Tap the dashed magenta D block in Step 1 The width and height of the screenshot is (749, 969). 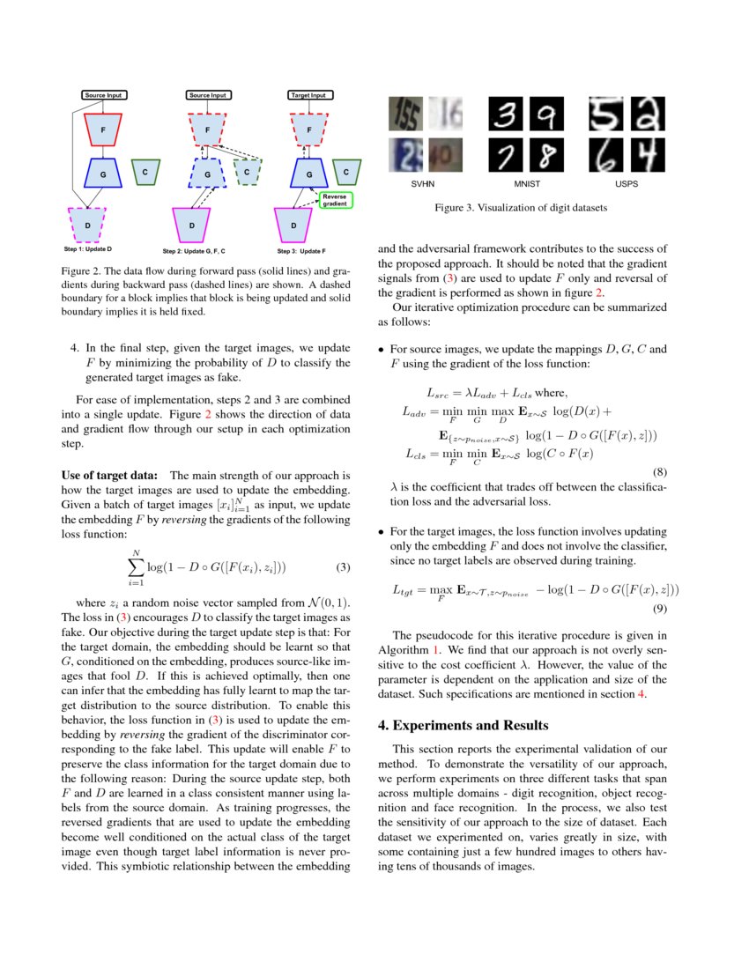pos(86,225)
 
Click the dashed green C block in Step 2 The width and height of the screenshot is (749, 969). pos(248,172)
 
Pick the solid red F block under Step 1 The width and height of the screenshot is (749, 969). pos(103,129)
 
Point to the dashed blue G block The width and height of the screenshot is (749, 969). pos(208,174)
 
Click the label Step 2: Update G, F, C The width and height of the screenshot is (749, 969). pos(208,250)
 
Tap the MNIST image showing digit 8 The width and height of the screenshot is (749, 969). pos(548,155)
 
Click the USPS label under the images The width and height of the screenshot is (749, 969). pos(627,186)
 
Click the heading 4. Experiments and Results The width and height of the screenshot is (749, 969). pos(463,725)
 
